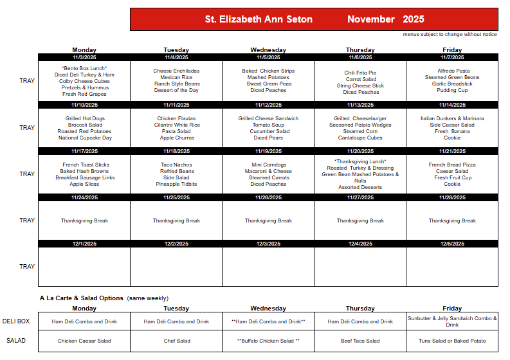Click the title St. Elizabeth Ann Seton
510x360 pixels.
click(259, 19)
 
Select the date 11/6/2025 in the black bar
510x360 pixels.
click(360, 57)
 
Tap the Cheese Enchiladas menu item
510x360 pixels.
click(176, 71)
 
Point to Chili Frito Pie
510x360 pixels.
click(360, 73)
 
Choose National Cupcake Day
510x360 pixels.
click(85, 138)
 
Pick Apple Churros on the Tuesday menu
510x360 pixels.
click(176, 138)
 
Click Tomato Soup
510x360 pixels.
click(268, 125)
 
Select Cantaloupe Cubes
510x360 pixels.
click(360, 138)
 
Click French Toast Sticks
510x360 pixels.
click(85, 165)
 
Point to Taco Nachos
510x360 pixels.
click(176, 165)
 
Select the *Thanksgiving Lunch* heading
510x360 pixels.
click(360, 161)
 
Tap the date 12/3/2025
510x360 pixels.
click(268, 244)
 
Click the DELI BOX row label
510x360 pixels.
click(17, 321)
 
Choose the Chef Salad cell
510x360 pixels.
click(176, 341)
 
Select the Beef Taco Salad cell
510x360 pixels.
click(360, 341)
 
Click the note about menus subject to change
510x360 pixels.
click(450, 34)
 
